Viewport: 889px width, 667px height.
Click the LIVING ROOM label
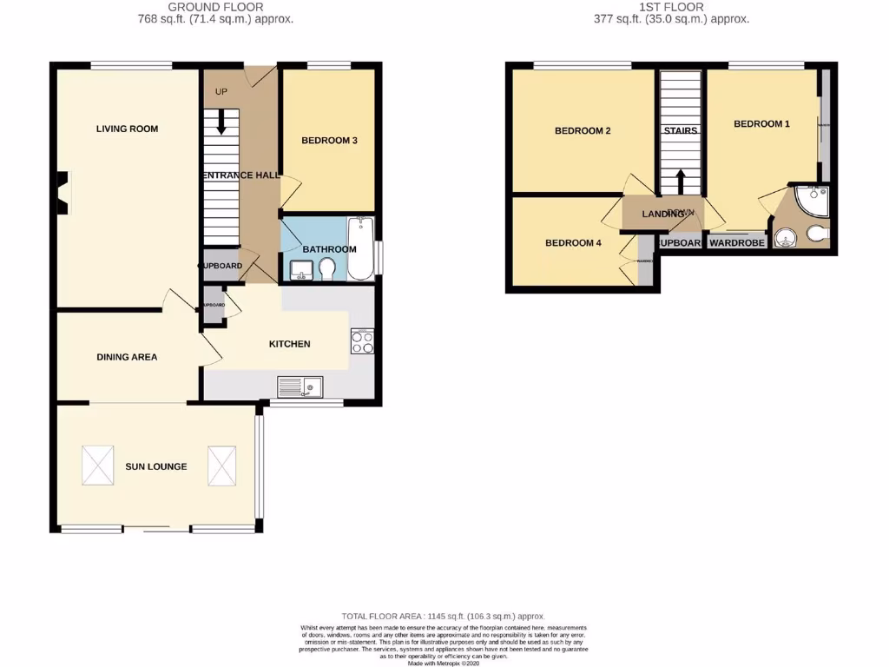[127, 129]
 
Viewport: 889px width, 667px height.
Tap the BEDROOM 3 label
[329, 141]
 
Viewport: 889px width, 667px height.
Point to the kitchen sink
[300, 385]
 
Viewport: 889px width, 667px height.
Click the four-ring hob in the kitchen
[362, 342]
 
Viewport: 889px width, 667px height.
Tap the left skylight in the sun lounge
[97, 466]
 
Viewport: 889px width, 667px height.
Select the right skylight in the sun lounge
[222, 466]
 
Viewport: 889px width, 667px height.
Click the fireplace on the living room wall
[62, 192]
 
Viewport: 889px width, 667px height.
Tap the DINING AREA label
[127, 357]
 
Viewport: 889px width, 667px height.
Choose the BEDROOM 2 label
[583, 131]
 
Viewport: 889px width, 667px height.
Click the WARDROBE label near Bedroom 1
[737, 243]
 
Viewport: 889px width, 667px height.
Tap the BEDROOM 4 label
[573, 243]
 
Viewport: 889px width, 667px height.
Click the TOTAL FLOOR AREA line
[444, 614]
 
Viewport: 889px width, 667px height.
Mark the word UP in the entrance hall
[221, 90]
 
